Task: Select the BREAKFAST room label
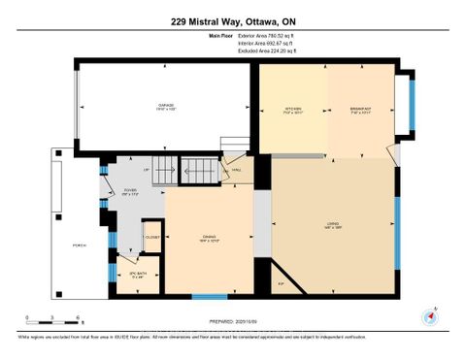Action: pos(359,109)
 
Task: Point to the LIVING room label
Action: pos(333,225)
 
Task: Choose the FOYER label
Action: pos(130,191)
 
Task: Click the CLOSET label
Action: pos(151,236)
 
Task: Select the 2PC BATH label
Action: pos(137,277)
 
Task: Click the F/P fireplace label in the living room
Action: pos(281,283)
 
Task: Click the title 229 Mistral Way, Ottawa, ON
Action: pos(232,20)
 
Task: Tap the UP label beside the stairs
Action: pos(147,171)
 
